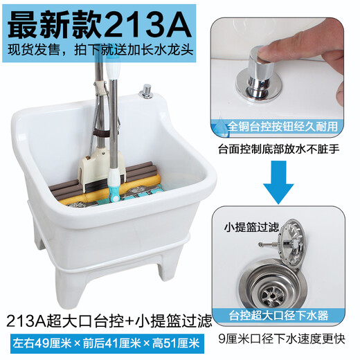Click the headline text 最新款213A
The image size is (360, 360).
point(97,24)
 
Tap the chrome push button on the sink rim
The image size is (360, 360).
point(145,90)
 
